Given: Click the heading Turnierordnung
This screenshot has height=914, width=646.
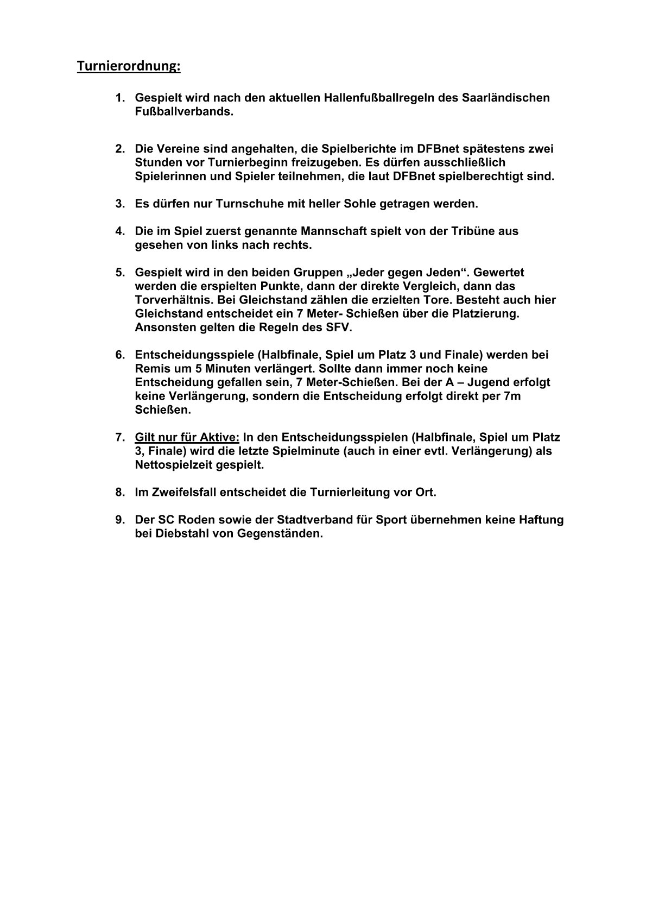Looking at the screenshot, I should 128,66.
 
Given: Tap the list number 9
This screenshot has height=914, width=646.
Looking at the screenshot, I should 121,520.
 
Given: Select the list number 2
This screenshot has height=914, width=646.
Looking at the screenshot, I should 121,149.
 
